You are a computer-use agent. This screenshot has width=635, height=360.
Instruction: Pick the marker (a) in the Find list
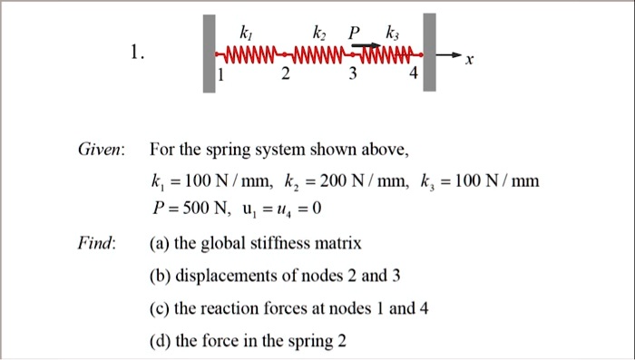tap(160, 244)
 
